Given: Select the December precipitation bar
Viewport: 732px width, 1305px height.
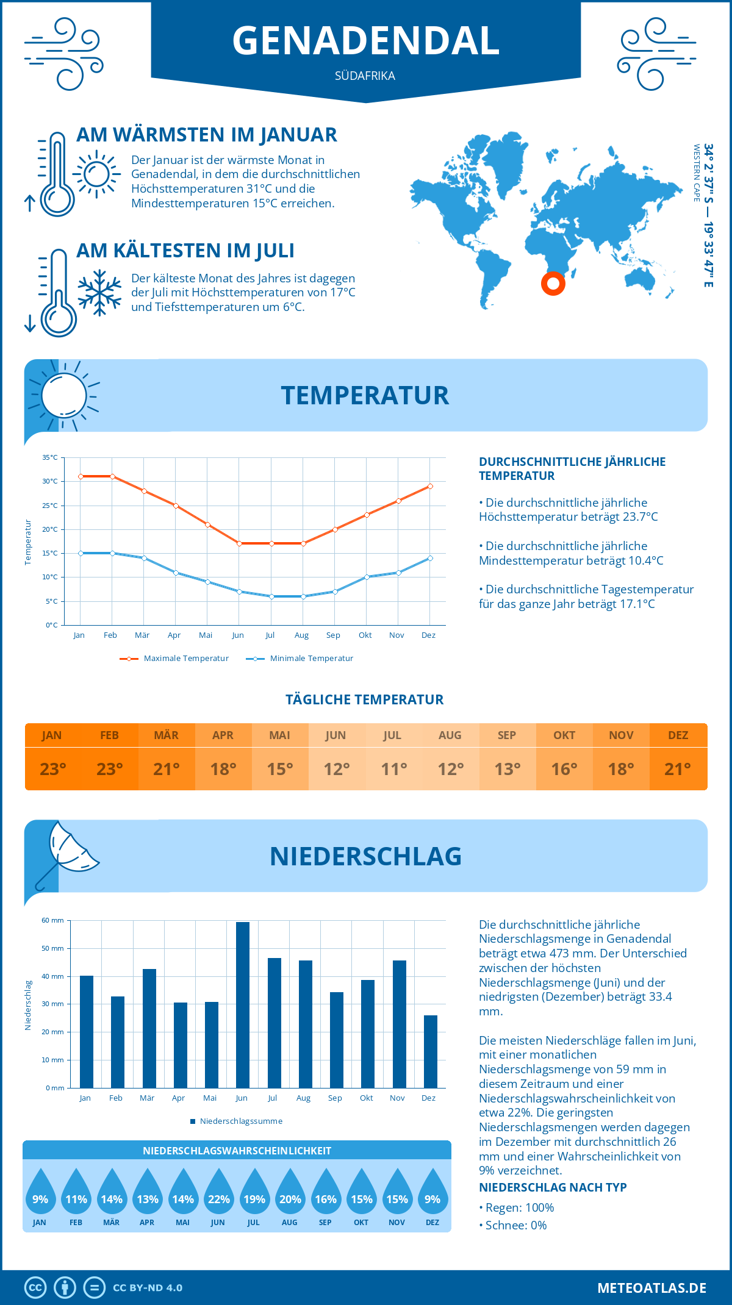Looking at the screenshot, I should [x=431, y=1051].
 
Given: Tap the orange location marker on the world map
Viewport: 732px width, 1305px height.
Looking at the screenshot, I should [x=553, y=283].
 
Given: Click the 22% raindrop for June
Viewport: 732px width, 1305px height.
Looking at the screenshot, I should [x=218, y=1199].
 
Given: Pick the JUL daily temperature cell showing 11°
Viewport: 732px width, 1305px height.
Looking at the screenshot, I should [x=393, y=768].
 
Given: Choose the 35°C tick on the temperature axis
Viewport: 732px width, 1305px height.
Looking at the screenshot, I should [x=50, y=457].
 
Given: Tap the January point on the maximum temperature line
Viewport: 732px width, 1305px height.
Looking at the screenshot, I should [x=81, y=476].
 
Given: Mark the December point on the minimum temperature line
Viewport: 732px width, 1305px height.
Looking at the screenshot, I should [x=430, y=558].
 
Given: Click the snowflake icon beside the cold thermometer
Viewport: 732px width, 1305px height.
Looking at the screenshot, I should [x=99, y=293].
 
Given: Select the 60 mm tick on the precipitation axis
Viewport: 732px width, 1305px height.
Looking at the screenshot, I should [x=53, y=920].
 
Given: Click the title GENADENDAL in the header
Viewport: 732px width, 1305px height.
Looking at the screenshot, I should [x=365, y=40].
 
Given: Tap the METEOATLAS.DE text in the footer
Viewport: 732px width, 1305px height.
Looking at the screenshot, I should [x=651, y=1288].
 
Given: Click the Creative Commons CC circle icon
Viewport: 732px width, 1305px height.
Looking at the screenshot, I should [x=35, y=1288].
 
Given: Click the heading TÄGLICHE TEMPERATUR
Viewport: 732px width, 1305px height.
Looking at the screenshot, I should [x=365, y=699].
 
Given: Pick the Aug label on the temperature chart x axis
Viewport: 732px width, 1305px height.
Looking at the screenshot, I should [x=301, y=635].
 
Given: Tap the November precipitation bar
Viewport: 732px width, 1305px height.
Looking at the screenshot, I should [x=400, y=1024].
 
